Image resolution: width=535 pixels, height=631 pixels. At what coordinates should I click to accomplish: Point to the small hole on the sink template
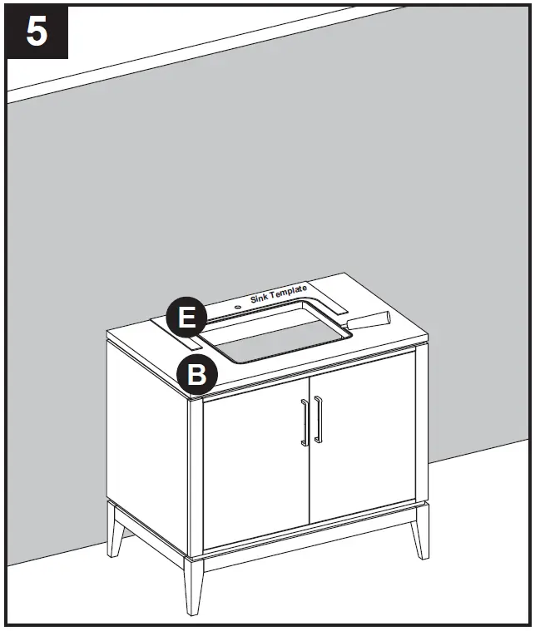click(x=239, y=306)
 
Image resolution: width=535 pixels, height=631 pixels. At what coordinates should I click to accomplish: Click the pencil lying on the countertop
click(x=368, y=320)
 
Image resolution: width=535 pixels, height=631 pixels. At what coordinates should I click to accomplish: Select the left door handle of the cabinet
click(x=305, y=421)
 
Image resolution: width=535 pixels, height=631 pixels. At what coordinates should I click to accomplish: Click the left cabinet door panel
click(x=256, y=466)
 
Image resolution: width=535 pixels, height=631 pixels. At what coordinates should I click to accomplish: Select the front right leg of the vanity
click(x=420, y=533)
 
